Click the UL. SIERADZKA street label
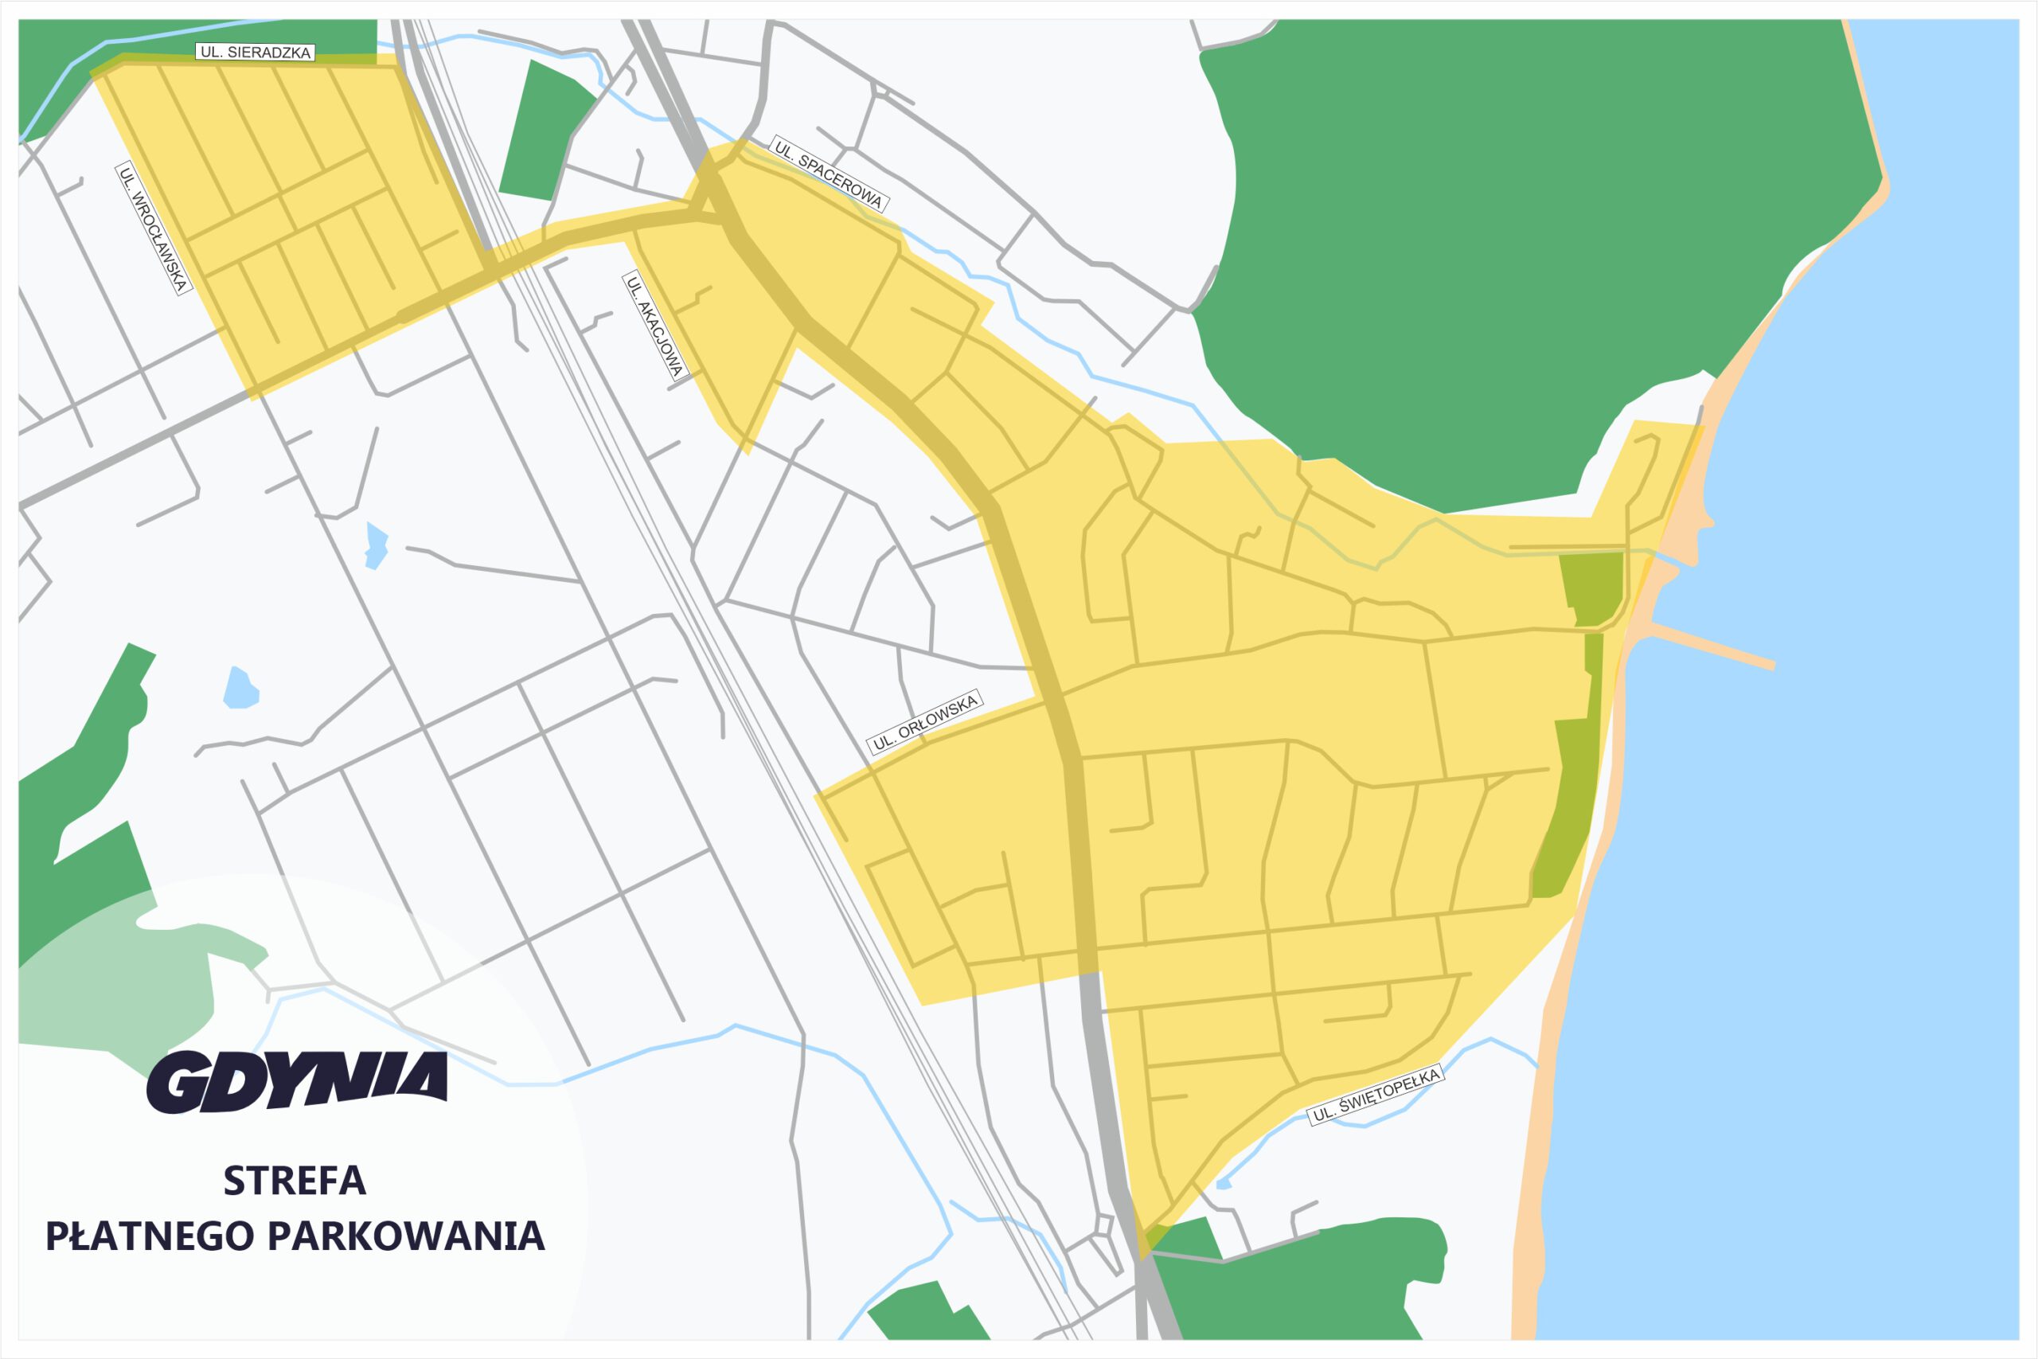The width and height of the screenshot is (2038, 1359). pyautogui.click(x=255, y=52)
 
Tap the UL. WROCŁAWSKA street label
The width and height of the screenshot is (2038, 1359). pyautogui.click(x=154, y=228)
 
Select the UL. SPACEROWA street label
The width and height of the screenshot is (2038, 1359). pyautogui.click(x=827, y=174)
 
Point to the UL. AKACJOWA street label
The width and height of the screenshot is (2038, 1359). pyautogui.click(x=654, y=326)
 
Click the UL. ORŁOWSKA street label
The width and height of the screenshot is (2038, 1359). pyautogui.click(x=924, y=723)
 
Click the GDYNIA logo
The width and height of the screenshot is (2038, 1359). pyautogui.click(x=297, y=1082)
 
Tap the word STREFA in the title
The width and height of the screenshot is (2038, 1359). pyautogui.click(x=295, y=1181)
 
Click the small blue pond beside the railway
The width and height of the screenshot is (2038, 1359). pyautogui.click(x=376, y=545)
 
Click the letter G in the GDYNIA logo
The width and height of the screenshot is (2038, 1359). pyautogui.click(x=179, y=1084)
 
